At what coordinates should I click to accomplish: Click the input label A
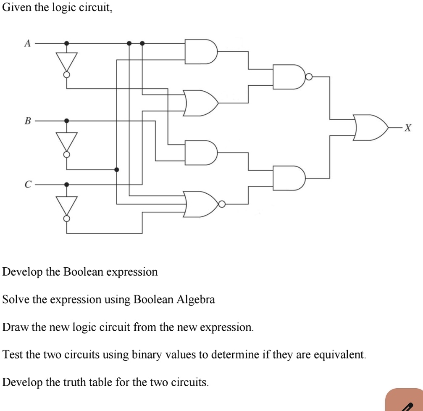(x=28, y=43)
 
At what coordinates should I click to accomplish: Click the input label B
(x=28, y=121)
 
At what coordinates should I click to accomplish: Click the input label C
(x=28, y=184)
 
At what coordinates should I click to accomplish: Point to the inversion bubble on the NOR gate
(x=222, y=205)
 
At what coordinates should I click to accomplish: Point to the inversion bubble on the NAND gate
(x=309, y=76)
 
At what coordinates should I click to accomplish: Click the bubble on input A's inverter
(x=67, y=75)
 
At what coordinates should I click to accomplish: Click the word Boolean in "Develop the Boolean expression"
(x=83, y=272)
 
